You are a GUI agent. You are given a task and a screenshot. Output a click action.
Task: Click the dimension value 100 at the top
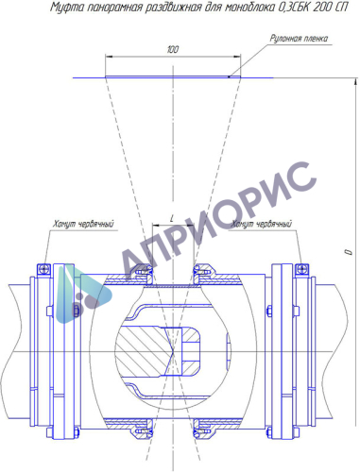click(173, 49)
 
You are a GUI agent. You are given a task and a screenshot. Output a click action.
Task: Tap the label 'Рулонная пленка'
click(299, 39)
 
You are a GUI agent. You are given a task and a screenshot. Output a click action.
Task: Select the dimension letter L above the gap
click(172, 219)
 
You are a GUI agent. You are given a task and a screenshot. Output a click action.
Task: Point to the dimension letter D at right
click(349, 252)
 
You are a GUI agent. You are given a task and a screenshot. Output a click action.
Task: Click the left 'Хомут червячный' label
click(83, 224)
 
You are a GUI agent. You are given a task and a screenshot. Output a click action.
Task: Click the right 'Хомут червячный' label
click(262, 224)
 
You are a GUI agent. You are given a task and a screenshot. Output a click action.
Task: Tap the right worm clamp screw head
click(301, 269)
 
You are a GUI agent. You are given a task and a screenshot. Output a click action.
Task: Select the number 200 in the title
click(321, 8)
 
